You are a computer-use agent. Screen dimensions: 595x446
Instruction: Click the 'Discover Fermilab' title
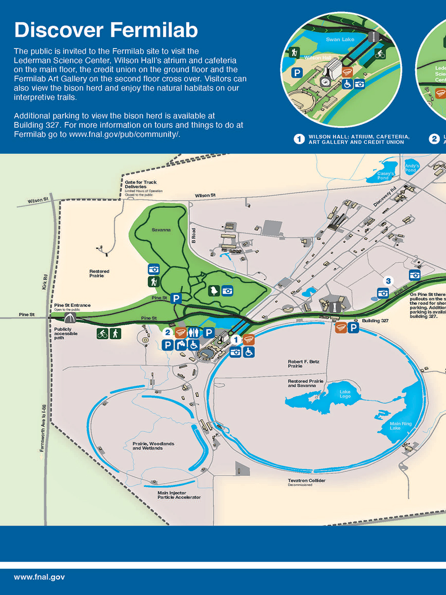tap(106, 30)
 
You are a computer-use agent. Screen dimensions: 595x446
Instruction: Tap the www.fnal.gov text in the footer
tap(39, 577)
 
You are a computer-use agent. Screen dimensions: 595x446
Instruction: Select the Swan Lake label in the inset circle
tap(340, 39)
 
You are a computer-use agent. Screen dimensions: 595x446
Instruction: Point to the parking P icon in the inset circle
tap(296, 73)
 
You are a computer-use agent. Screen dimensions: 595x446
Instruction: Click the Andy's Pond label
tap(412, 168)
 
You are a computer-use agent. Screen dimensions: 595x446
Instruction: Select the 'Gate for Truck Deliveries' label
tap(141, 184)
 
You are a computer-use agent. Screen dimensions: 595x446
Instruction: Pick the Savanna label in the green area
tap(161, 230)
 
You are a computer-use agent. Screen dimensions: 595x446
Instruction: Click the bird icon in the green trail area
tap(214, 291)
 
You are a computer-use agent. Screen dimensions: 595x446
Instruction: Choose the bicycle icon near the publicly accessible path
tap(103, 334)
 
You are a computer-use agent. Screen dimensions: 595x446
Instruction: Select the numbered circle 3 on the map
tap(388, 281)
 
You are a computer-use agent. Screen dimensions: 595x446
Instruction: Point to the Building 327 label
tap(375, 321)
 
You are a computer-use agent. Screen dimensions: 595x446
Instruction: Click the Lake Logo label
tap(345, 394)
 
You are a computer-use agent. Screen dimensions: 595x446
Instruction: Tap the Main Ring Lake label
tap(401, 426)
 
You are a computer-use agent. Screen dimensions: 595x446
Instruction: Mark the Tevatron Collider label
tap(306, 480)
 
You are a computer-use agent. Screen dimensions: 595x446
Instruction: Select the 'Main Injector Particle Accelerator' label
tap(179, 495)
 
